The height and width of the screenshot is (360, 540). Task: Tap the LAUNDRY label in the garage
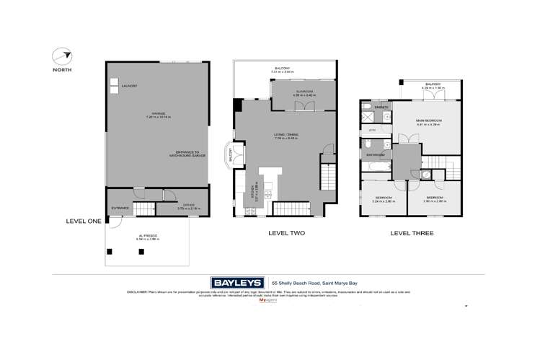point(129,87)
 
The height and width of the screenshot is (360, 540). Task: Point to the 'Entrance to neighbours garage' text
point(191,154)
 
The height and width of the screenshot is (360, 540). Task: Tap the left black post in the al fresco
point(110,251)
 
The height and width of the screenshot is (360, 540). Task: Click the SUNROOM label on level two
point(301,92)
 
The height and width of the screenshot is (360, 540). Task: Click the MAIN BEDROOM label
point(428,120)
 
